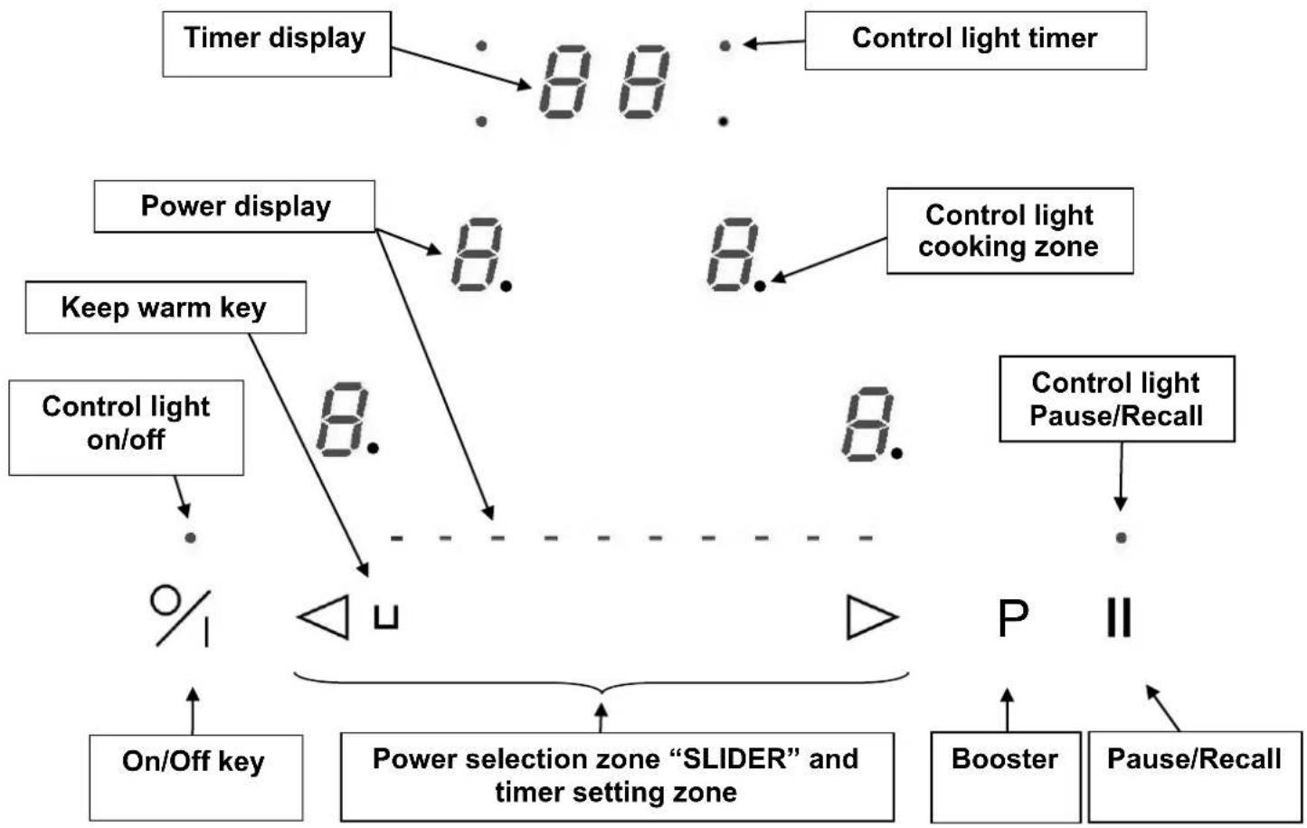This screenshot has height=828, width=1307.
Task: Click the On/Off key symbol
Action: [x=181, y=616]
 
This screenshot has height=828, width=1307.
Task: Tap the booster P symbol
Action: [x=1012, y=618]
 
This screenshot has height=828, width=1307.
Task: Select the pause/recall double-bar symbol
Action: [x=1119, y=618]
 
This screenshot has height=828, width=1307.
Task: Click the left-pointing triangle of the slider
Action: [x=324, y=617]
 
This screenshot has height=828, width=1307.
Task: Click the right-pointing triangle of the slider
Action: [x=871, y=617]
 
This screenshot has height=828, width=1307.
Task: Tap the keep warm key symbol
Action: [x=386, y=618]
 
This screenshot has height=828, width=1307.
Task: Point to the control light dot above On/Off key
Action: [x=190, y=538]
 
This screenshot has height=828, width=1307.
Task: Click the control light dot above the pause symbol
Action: [x=1121, y=538]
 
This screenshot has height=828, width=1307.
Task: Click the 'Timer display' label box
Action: [x=276, y=43]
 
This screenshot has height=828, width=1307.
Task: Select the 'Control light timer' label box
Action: [x=975, y=40]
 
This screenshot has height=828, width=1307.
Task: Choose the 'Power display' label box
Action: [x=234, y=206]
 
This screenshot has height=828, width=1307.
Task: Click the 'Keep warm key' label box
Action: [x=165, y=308]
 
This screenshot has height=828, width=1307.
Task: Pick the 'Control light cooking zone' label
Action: [x=1009, y=231]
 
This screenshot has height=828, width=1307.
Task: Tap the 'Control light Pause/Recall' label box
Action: [x=1116, y=399]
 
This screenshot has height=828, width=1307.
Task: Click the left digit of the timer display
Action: [x=565, y=82]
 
